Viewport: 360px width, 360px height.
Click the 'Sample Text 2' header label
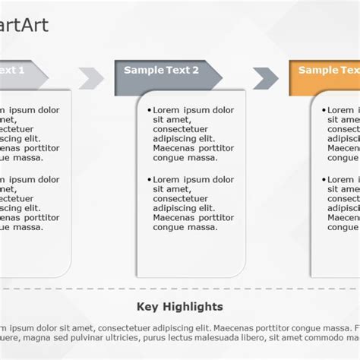(x=161, y=70)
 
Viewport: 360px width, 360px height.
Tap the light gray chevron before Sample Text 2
(x=91, y=77)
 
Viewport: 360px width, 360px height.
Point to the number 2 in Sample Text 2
(x=195, y=70)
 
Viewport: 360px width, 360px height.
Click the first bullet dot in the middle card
(x=149, y=111)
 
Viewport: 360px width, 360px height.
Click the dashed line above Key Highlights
(x=180, y=289)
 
